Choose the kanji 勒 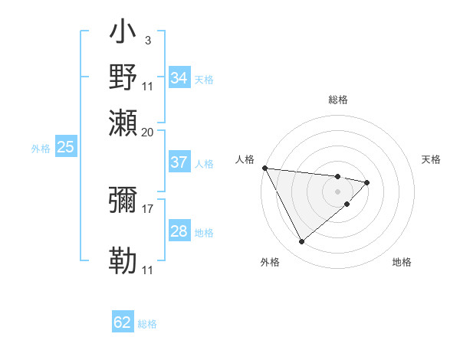click(x=123, y=260)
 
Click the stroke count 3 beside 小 click(x=147, y=39)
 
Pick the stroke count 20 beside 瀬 click(x=148, y=132)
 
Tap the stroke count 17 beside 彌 click(x=148, y=208)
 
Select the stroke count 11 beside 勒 click(x=148, y=270)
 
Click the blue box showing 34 click(x=179, y=78)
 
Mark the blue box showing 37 click(x=179, y=162)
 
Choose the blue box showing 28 click(x=179, y=231)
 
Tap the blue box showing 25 click(x=65, y=147)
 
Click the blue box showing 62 click(x=123, y=322)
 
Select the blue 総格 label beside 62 click(x=147, y=323)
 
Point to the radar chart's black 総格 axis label click(x=337, y=100)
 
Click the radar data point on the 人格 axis click(x=264, y=168)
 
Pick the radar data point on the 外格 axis click(x=301, y=241)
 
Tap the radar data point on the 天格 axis click(x=367, y=182)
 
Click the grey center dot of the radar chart click(x=337, y=190)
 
